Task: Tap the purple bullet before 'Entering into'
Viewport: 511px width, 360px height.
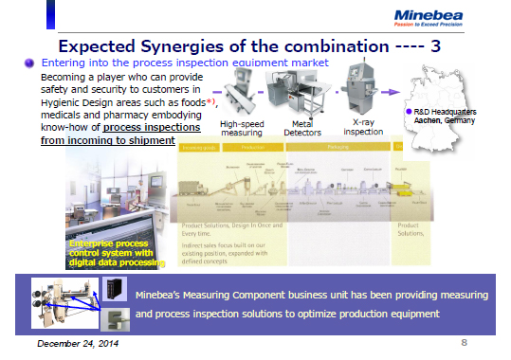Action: pyautogui.click(x=30, y=62)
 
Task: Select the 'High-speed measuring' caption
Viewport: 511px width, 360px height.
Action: pyautogui.click(x=242, y=128)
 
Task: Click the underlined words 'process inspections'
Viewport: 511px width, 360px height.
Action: pyautogui.click(x=138, y=127)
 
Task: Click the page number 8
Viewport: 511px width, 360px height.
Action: pyautogui.click(x=464, y=341)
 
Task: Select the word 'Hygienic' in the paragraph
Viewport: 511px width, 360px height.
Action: pyautogui.click(x=63, y=100)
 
